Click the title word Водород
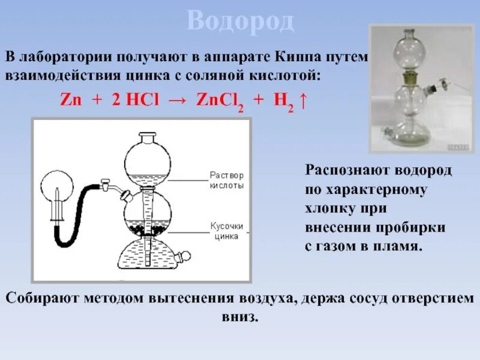pyautogui.click(x=240, y=22)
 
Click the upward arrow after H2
pyautogui.click(x=304, y=100)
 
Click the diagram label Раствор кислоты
pyautogui.click(x=226, y=181)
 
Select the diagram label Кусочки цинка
pyautogui.click(x=227, y=231)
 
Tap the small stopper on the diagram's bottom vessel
pyautogui.click(x=185, y=257)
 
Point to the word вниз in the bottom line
pyautogui.click(x=239, y=316)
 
